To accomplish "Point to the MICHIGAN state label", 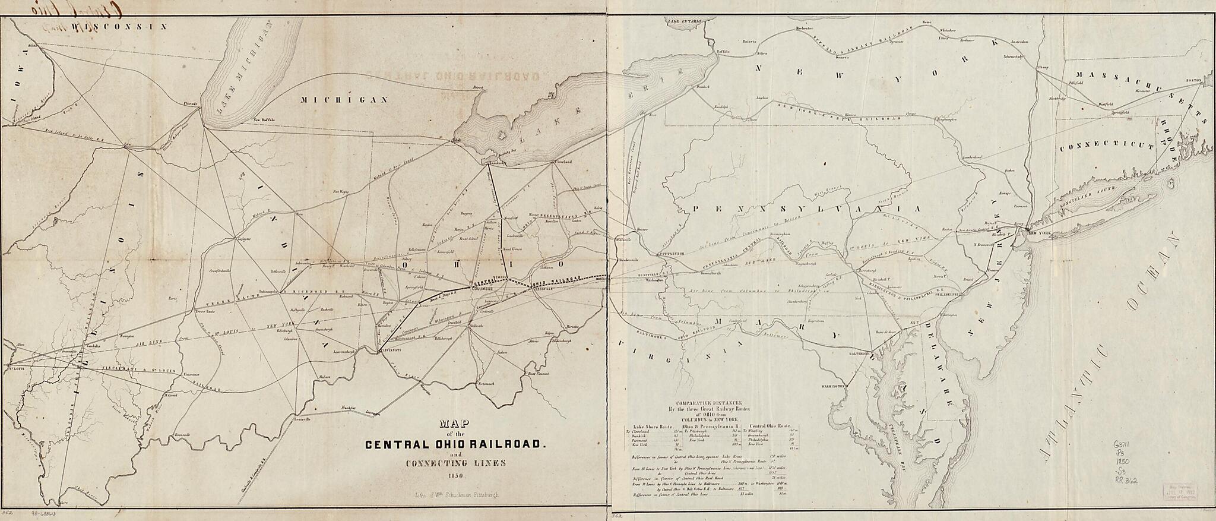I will point(344,99).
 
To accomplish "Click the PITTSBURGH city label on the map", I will point(673,253).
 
